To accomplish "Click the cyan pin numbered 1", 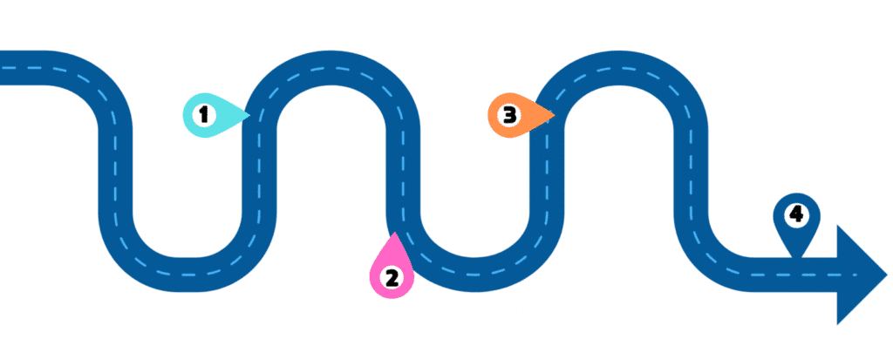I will click(x=206, y=115).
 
